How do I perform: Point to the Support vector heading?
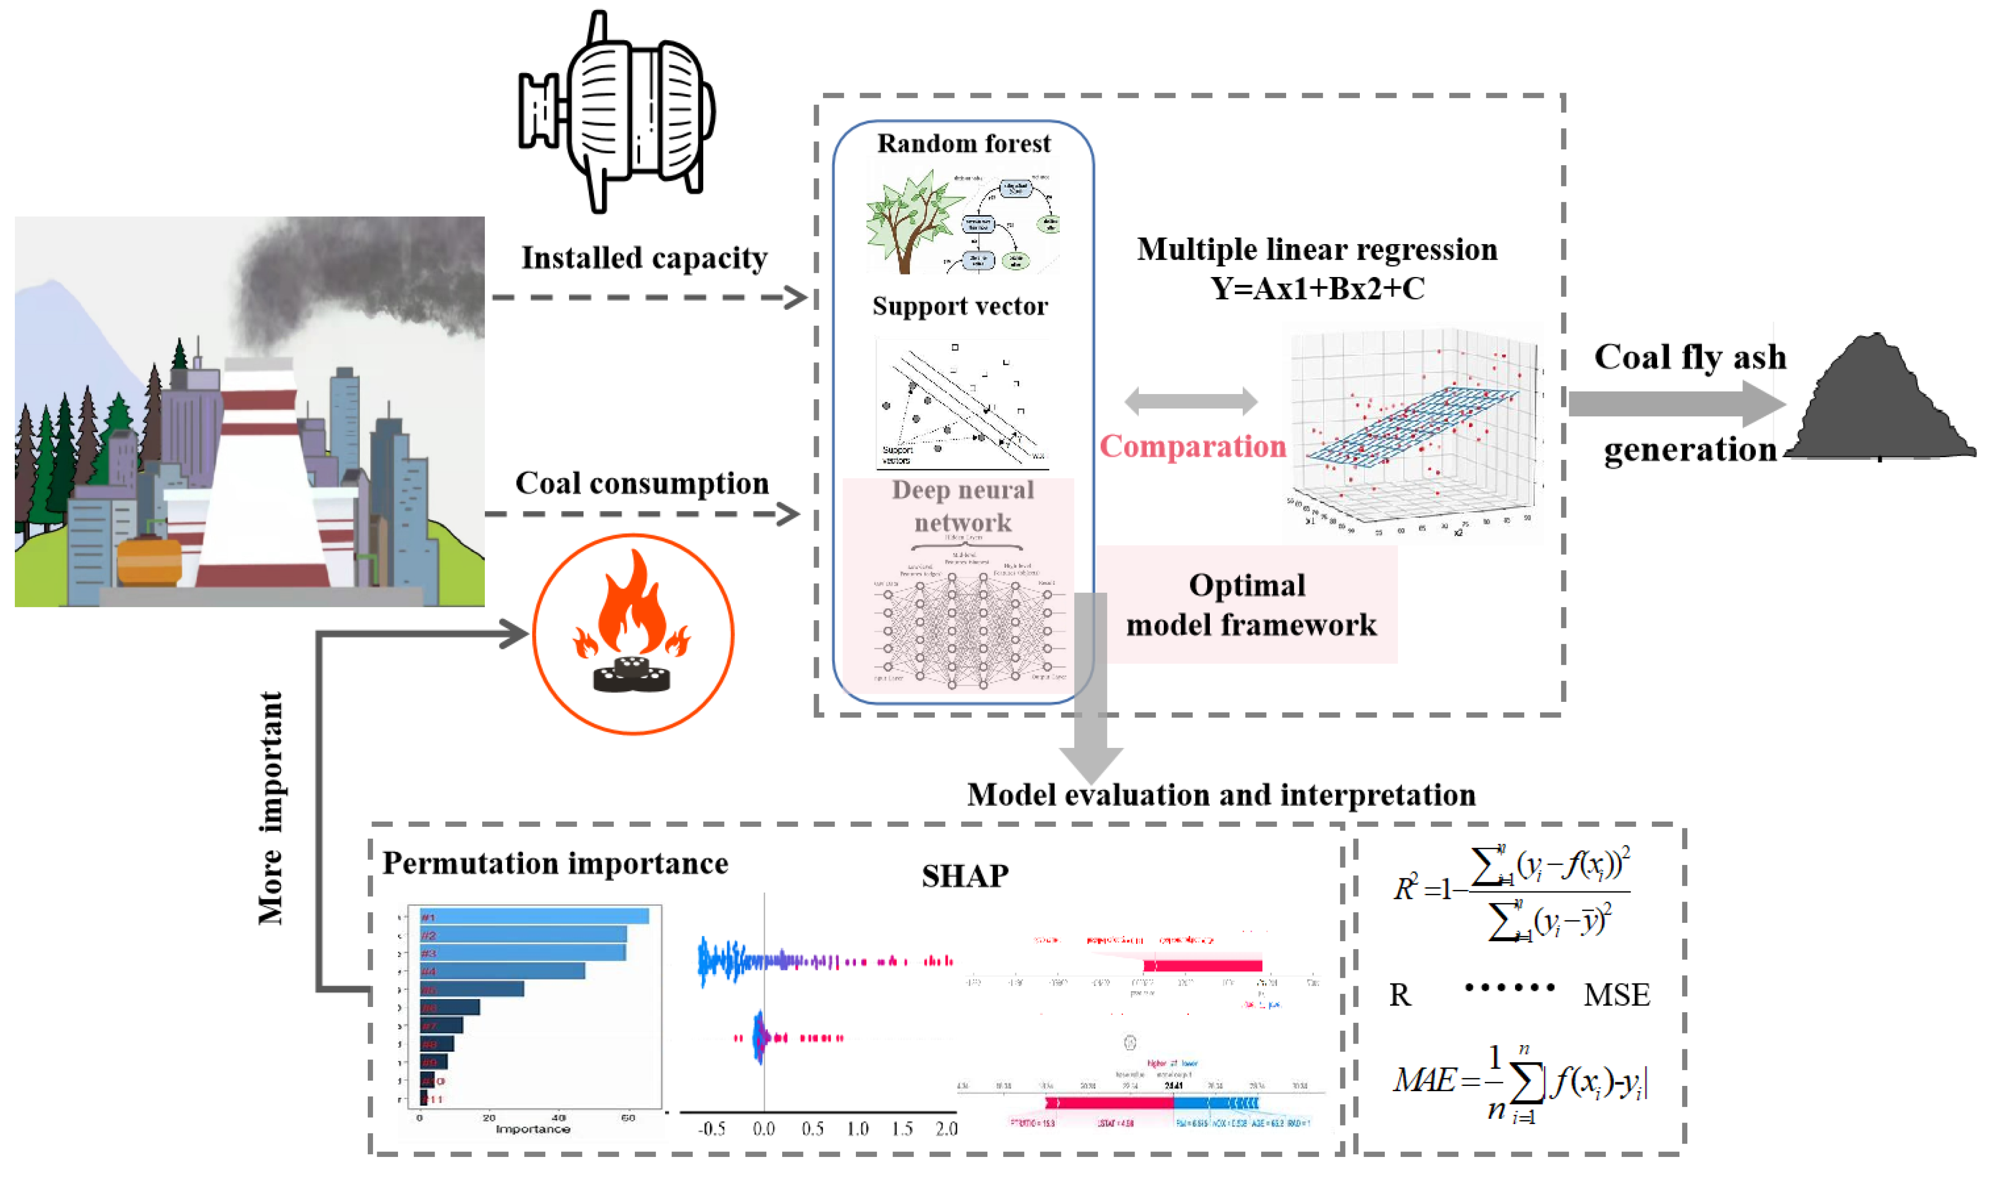pyautogui.click(x=960, y=306)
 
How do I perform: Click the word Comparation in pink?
pyautogui.click(x=1192, y=447)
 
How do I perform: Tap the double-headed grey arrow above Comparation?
pyautogui.click(x=1191, y=402)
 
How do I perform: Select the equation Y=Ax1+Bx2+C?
pyautogui.click(x=1317, y=289)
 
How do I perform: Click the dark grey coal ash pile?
pyautogui.click(x=1880, y=405)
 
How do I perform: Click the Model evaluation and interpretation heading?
pyautogui.click(x=1221, y=795)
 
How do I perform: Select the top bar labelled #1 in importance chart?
pyautogui.click(x=534, y=917)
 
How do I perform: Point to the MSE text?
pyautogui.click(x=1616, y=995)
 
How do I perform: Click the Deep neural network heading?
pyautogui.click(x=962, y=506)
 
